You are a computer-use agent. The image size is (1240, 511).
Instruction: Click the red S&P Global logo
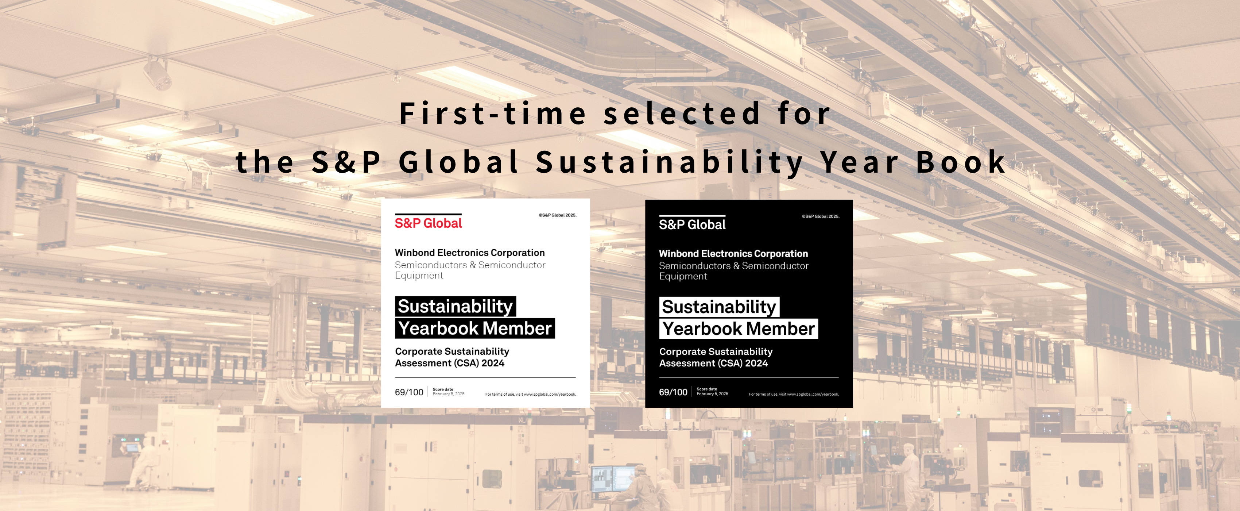pos(428,222)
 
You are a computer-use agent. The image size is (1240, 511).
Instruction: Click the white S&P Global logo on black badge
pos(692,223)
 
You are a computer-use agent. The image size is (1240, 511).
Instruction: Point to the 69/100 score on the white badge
pos(409,392)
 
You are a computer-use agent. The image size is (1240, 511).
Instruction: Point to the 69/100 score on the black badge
pos(673,392)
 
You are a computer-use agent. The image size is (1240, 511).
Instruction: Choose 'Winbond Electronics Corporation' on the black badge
pos(733,254)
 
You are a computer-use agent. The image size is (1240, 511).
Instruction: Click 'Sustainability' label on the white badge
pos(456,306)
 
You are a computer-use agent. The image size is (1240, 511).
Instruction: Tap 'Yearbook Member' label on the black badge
pos(739,329)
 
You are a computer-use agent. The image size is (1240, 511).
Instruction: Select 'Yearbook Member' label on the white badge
pos(474,328)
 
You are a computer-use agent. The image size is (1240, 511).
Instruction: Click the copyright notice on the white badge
pos(557,215)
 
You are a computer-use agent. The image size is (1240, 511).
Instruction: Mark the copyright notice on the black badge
pos(821,216)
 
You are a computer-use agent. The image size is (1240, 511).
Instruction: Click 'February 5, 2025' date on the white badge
pos(449,394)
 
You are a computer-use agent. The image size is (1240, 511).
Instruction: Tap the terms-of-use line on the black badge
pos(794,395)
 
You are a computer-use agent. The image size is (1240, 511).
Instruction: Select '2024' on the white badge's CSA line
pos(493,363)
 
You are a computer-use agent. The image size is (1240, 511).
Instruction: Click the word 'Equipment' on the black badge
pos(683,276)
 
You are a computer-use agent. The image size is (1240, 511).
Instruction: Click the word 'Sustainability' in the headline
pos(670,162)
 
